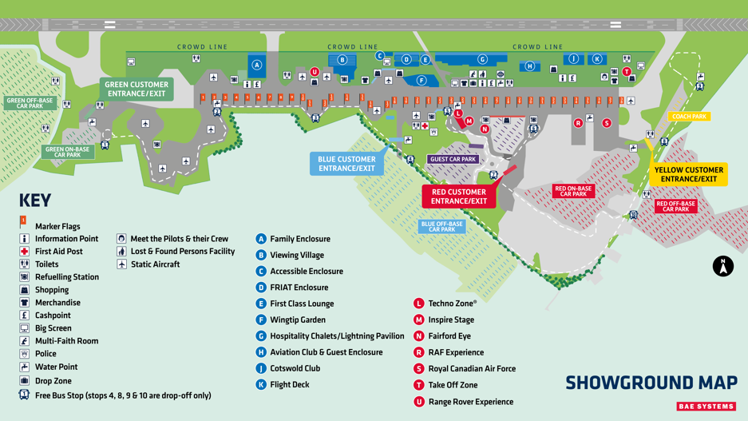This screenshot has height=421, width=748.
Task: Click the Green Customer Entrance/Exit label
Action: point(137,89)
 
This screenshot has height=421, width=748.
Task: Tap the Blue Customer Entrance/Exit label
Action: point(346,164)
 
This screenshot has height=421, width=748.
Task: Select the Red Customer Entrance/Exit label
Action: point(459,197)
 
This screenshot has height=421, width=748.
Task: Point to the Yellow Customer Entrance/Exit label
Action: point(688,174)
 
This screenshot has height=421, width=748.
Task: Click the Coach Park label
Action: point(689,117)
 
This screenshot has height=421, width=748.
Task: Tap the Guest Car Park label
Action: point(453,159)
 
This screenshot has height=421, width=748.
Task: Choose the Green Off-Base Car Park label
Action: point(30,103)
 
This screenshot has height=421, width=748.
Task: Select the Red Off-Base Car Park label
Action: point(675,206)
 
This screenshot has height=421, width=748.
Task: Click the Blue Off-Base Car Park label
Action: point(441,227)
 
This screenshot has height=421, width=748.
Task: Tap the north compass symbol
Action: point(722,266)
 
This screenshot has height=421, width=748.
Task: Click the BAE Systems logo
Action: point(706,407)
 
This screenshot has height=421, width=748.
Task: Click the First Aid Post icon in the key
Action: point(24,251)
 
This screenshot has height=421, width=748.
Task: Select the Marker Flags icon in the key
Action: point(23,221)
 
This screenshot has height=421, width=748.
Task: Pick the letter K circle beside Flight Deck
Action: point(260,384)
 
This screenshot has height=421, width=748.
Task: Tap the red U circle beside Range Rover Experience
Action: point(418,402)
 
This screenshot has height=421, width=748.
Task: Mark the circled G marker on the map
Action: point(482,59)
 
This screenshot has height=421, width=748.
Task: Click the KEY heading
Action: point(35,201)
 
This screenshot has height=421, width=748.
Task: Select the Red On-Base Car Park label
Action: point(573,191)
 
